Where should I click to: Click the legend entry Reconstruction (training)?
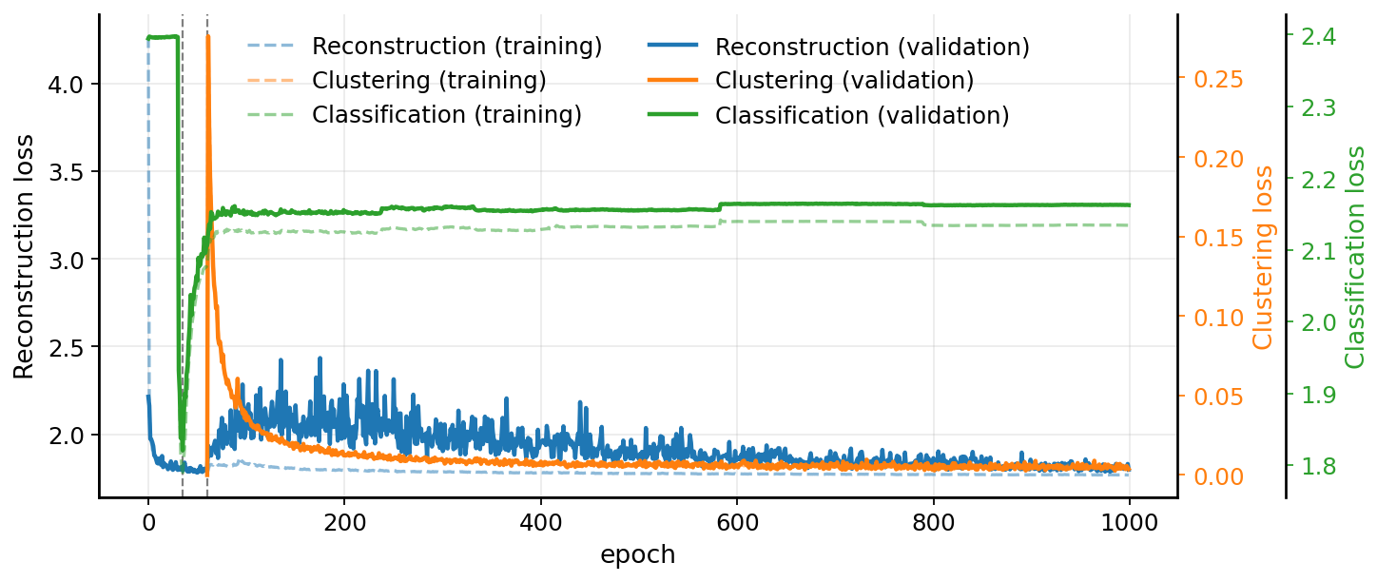[x=456, y=47]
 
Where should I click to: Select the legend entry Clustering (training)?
[x=429, y=81]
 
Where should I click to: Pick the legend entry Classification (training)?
[x=447, y=115]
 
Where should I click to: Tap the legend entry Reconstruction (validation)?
[x=872, y=47]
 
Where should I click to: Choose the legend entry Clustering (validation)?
[x=844, y=81]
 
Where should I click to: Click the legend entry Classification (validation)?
[x=862, y=115]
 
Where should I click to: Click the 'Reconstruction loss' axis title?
[x=24, y=256]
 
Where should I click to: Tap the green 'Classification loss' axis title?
[x=1355, y=257]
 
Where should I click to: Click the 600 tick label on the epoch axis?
[x=737, y=522]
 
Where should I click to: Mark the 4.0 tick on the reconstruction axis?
[x=68, y=84]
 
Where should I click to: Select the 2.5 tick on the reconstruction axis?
[x=68, y=347]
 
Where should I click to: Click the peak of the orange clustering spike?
[x=207, y=36]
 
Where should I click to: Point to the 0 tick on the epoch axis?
[x=148, y=522]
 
